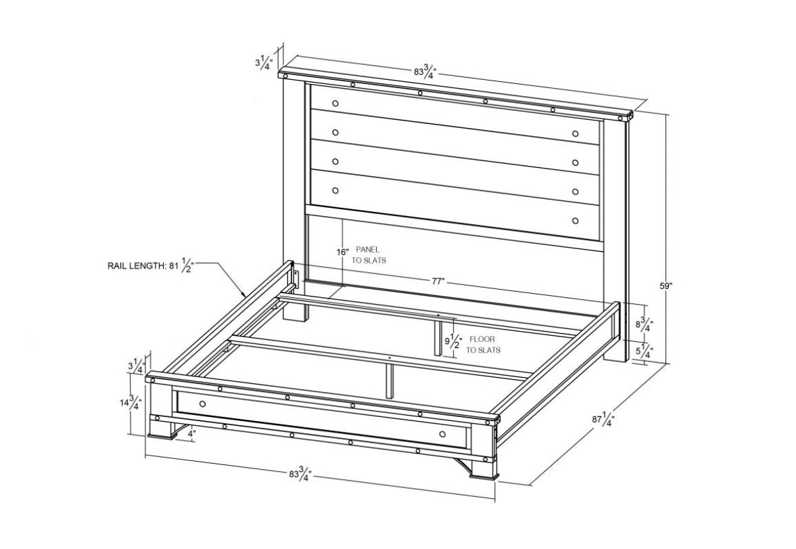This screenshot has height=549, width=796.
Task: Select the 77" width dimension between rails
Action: pos(439,282)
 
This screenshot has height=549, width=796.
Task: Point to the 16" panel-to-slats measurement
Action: pos(343,252)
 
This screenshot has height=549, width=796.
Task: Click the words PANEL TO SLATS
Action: pos(369,255)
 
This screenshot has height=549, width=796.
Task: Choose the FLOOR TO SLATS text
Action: pos(483,344)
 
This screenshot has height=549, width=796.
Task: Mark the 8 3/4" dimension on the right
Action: pos(645,323)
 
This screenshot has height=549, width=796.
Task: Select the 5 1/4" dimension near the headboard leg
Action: pos(645,350)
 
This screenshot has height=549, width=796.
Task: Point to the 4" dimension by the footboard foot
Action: pos(191,434)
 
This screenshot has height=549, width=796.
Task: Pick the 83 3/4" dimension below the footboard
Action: pos(300,474)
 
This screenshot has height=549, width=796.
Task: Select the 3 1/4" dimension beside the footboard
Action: pos(137,366)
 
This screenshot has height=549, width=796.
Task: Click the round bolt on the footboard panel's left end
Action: pos(203,403)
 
